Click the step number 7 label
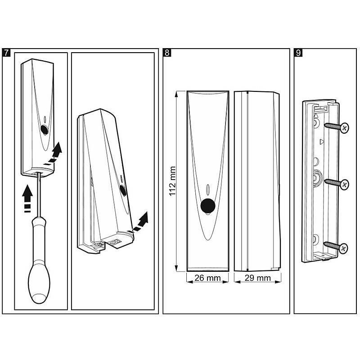coord(6,53)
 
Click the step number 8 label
coord(167,53)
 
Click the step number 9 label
coord(298,53)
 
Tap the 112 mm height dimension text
coord(172,181)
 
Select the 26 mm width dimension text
coord(207,278)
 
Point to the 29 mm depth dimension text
coord(257,278)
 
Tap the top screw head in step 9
coord(344,128)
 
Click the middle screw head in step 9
coord(344,184)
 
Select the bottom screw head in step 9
coord(343,248)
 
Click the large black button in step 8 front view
coord(208,206)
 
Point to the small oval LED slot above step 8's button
coord(208,189)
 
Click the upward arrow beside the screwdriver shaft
coord(27,198)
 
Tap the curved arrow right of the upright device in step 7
coord(53,153)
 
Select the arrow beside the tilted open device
coord(139,222)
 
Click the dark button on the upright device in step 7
coord(44,130)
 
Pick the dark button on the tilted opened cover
coord(123,190)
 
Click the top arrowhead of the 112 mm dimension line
coord(176,94)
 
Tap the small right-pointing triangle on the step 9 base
coord(321,142)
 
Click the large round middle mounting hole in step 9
coord(317,178)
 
